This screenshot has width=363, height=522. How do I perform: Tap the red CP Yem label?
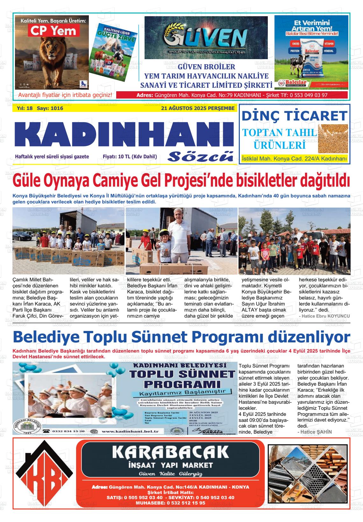point(53,31)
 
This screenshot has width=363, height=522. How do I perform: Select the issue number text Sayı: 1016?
point(50,108)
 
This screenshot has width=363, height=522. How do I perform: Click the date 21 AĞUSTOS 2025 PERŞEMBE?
point(198,108)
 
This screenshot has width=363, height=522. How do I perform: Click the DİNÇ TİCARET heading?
point(294,115)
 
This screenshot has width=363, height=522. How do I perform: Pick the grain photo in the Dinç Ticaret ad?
point(333,139)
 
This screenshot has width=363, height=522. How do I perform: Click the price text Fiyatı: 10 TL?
point(130,156)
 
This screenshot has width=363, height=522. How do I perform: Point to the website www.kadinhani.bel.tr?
point(132,431)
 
